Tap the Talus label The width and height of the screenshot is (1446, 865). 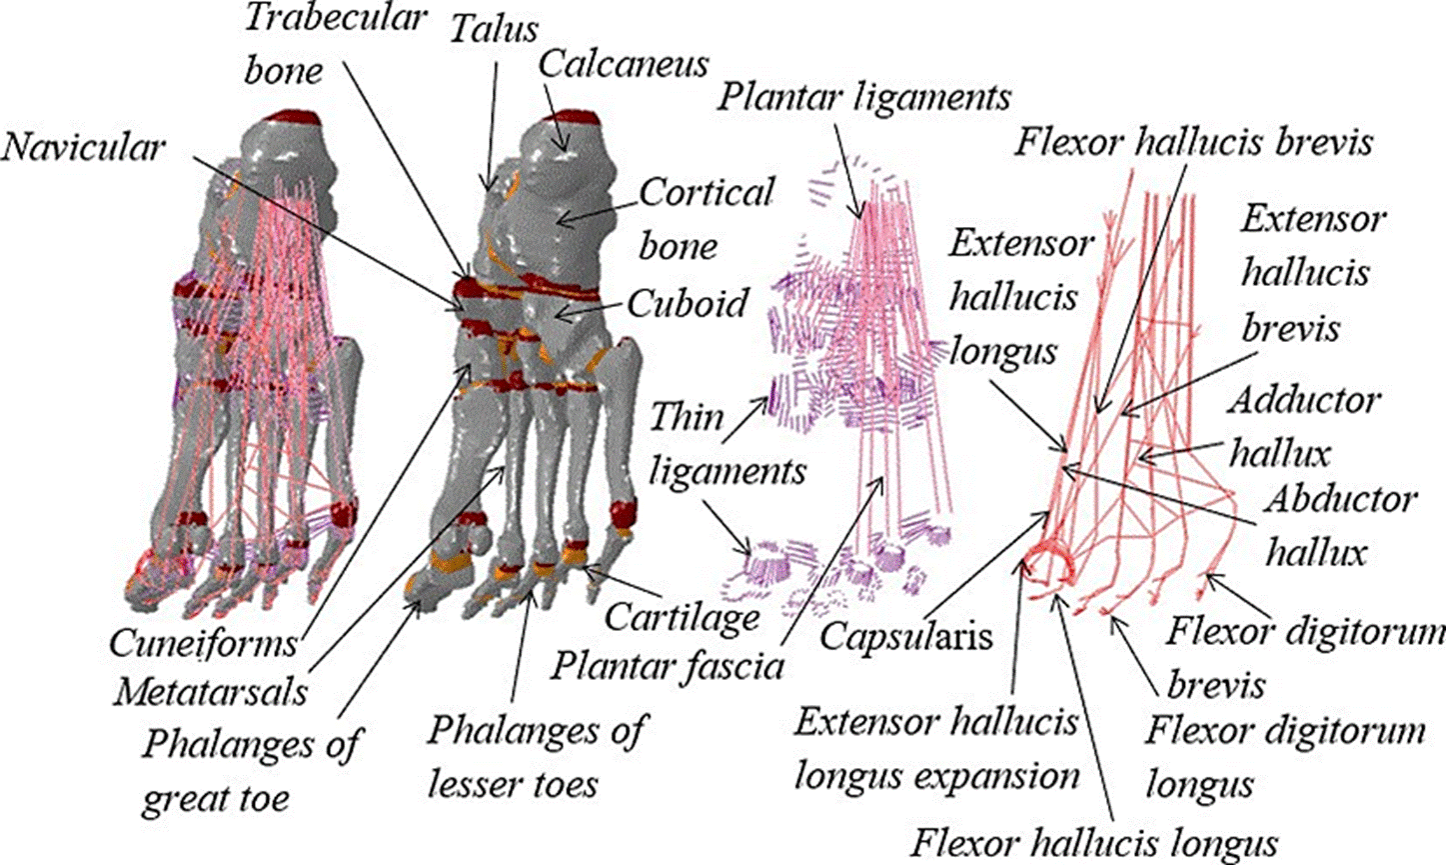[x=493, y=27]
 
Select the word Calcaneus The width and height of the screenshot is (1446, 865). [x=624, y=63]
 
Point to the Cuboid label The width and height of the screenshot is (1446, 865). [x=688, y=302]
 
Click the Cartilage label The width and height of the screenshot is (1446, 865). [x=683, y=617]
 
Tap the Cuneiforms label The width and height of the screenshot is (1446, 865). [x=204, y=642]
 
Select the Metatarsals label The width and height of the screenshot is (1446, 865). [x=210, y=691]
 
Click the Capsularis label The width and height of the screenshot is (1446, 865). [x=906, y=635]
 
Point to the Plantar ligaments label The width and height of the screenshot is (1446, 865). [x=864, y=97]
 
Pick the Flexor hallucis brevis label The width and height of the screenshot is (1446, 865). [x=1194, y=142]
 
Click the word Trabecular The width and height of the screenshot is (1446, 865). [x=335, y=18]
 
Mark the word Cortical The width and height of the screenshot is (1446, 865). [x=706, y=192]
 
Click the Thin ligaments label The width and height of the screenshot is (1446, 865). [x=726, y=443]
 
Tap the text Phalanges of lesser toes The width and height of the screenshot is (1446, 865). [x=537, y=756]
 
